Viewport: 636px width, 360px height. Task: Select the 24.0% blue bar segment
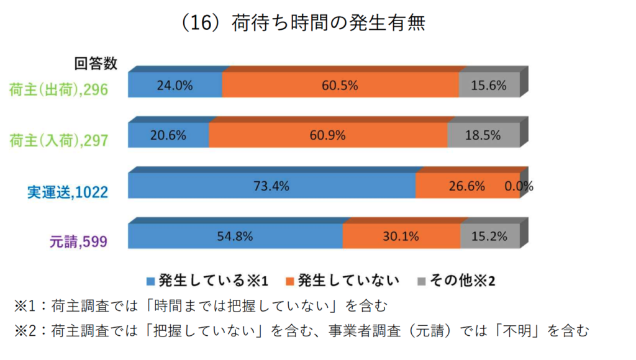(175, 86)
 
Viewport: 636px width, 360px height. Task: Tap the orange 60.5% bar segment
(340, 86)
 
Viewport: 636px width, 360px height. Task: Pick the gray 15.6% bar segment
(489, 86)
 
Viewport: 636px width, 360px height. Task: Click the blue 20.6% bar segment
(168, 135)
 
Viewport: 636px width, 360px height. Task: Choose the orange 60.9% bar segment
(328, 135)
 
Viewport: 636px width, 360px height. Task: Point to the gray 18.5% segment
(484, 135)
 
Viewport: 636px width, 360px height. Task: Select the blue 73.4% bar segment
(271, 186)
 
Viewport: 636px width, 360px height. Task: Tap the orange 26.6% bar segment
(467, 186)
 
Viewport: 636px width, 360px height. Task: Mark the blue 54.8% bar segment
(235, 236)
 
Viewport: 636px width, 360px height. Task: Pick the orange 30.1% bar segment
(401, 236)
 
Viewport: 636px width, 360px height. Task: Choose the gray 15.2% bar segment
(490, 236)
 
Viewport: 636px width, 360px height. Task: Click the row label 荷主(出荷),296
(58, 90)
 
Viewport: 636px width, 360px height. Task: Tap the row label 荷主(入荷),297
(58, 140)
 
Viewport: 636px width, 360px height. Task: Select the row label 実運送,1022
(67, 192)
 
